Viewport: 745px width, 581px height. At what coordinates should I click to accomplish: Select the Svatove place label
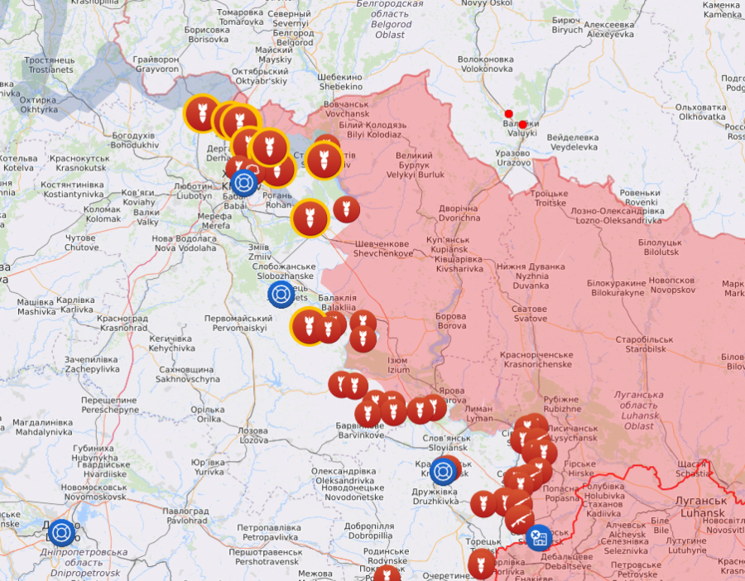pyautogui.click(x=530, y=313)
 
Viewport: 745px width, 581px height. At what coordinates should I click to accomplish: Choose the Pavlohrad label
pyautogui.click(x=186, y=516)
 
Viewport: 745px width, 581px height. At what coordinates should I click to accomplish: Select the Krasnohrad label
pyautogui.click(x=122, y=323)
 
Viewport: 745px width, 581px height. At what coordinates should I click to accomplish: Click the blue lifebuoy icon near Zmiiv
pyautogui.click(x=281, y=294)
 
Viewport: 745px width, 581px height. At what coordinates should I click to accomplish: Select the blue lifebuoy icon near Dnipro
pyautogui.click(x=60, y=533)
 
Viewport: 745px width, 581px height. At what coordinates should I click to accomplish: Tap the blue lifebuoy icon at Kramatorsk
pyautogui.click(x=444, y=472)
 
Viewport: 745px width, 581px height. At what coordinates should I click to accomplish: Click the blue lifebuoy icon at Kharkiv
pyautogui.click(x=243, y=183)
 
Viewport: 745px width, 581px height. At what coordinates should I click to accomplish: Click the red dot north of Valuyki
pyautogui.click(x=508, y=113)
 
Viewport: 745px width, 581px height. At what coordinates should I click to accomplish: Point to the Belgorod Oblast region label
pyautogui.click(x=389, y=19)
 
